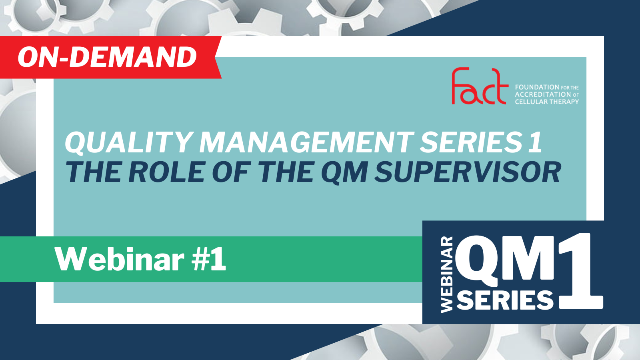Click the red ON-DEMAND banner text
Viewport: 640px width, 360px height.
click(107, 57)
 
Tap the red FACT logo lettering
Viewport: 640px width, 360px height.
click(480, 86)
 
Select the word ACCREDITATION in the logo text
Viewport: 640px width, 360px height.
click(538, 94)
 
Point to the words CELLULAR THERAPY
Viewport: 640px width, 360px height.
click(547, 102)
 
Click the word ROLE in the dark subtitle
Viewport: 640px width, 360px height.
click(167, 172)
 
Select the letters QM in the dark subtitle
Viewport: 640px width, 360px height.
click(344, 172)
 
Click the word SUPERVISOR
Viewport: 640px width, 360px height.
click(468, 172)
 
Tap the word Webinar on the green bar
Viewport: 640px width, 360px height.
click(120, 259)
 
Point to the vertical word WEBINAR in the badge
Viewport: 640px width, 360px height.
click(447, 274)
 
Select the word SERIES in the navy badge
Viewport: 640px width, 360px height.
click(505, 300)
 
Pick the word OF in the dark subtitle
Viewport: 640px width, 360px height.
click(232, 172)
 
